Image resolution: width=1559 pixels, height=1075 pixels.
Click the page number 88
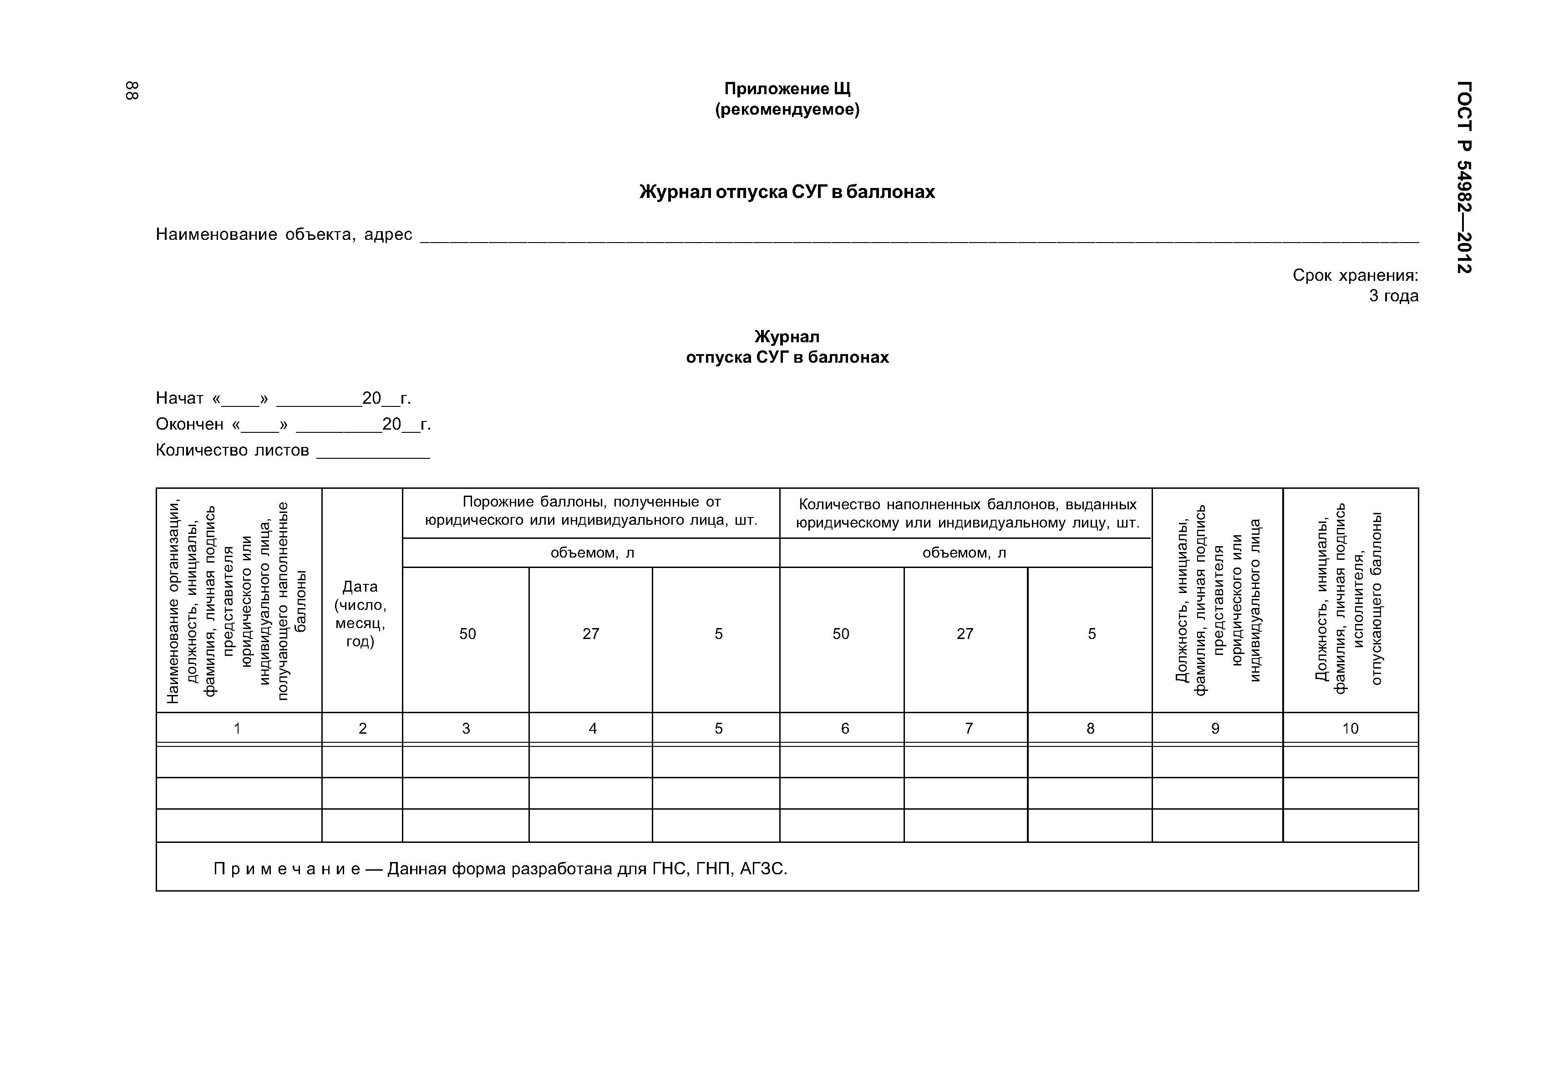pos(132,91)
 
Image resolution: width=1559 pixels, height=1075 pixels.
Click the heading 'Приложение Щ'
pos(787,89)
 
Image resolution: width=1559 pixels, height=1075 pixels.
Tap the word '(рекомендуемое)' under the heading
pos(787,110)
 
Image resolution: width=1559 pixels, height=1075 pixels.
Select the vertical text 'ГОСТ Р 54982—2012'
pos(1464,177)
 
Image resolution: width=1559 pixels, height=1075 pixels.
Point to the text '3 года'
pos(1393,296)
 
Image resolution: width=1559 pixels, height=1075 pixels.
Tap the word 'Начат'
pos(179,399)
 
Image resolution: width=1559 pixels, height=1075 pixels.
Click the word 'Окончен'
pos(189,424)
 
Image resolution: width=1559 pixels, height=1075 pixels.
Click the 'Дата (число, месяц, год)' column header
pos(361,614)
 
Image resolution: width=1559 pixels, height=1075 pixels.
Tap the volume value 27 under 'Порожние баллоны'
pos(591,634)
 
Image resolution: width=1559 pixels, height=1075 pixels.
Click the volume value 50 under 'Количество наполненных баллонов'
pos(841,634)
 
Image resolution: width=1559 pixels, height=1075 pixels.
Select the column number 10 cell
pos(1350,728)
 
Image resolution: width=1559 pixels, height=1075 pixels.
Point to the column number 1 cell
pos(237,728)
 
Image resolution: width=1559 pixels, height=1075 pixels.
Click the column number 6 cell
pos(845,728)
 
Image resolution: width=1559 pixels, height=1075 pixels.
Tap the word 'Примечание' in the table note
pos(286,870)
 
